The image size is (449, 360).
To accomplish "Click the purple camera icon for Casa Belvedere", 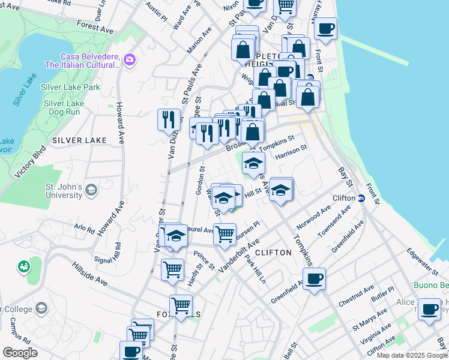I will coord(129,59).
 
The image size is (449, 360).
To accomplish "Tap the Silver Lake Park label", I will coord(70,87).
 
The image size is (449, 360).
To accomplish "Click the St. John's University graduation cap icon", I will coord(91,190).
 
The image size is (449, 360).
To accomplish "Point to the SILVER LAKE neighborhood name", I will coord(79,140).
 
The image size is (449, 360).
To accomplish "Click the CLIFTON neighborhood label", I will coord(274,253).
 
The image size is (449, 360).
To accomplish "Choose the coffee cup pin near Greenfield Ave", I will coord(314,278).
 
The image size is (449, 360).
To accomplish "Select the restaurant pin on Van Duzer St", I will coord(169,119).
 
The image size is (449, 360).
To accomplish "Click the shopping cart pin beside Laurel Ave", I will coord(224,234).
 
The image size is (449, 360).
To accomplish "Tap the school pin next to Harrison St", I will coord(254,162).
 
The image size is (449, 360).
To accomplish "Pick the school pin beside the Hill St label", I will coord(280,190).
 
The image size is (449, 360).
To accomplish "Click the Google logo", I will coord(20,353).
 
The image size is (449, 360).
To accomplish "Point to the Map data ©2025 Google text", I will coord(412,355).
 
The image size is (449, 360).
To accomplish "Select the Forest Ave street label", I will coord(95,27).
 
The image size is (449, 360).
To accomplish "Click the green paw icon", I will coord(24,265).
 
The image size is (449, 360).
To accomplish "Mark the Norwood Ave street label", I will coord(313,218).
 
